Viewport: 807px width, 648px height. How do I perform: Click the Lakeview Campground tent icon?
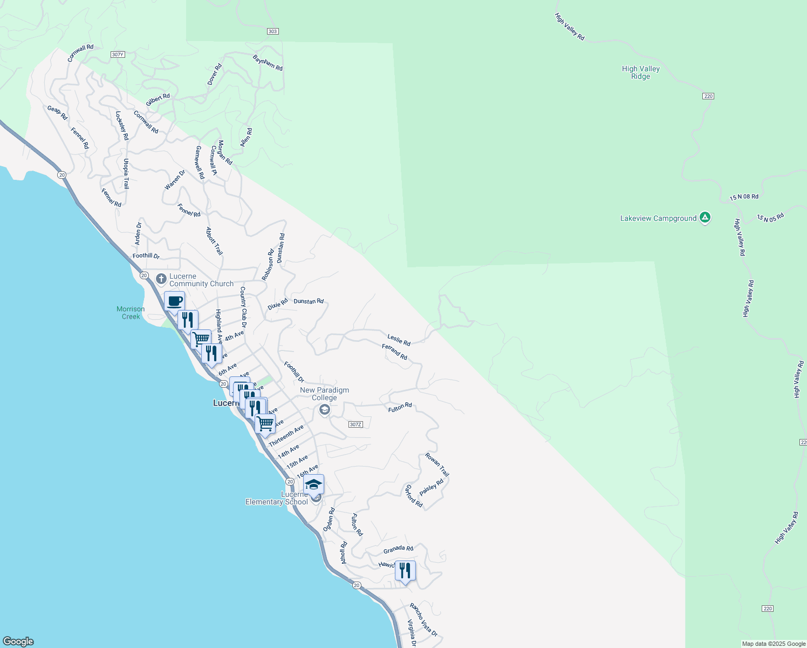click(705, 218)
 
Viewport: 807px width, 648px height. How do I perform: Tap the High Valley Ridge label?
click(641, 72)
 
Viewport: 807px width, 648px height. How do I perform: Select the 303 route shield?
click(272, 31)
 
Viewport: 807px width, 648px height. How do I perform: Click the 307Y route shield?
click(118, 55)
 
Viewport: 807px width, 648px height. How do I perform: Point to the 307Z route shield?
click(355, 424)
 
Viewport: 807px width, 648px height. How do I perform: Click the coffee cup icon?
click(174, 301)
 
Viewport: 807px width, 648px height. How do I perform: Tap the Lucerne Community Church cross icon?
click(161, 279)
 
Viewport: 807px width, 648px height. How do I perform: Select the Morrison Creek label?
click(131, 313)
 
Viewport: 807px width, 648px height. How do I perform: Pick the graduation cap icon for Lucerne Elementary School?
click(313, 484)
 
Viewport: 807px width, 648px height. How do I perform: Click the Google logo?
click(18, 642)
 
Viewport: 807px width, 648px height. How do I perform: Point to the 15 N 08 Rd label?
click(744, 198)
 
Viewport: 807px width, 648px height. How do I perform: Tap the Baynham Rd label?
click(268, 62)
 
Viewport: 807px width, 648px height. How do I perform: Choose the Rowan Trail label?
click(437, 464)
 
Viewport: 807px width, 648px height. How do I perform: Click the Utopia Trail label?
click(126, 173)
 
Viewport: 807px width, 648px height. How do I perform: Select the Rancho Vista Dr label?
click(423, 619)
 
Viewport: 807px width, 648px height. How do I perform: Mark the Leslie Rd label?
click(399, 340)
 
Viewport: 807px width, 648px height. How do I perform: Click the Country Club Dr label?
click(243, 307)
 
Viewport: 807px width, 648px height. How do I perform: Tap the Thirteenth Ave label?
click(286, 435)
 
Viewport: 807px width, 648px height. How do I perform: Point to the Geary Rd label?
click(57, 112)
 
